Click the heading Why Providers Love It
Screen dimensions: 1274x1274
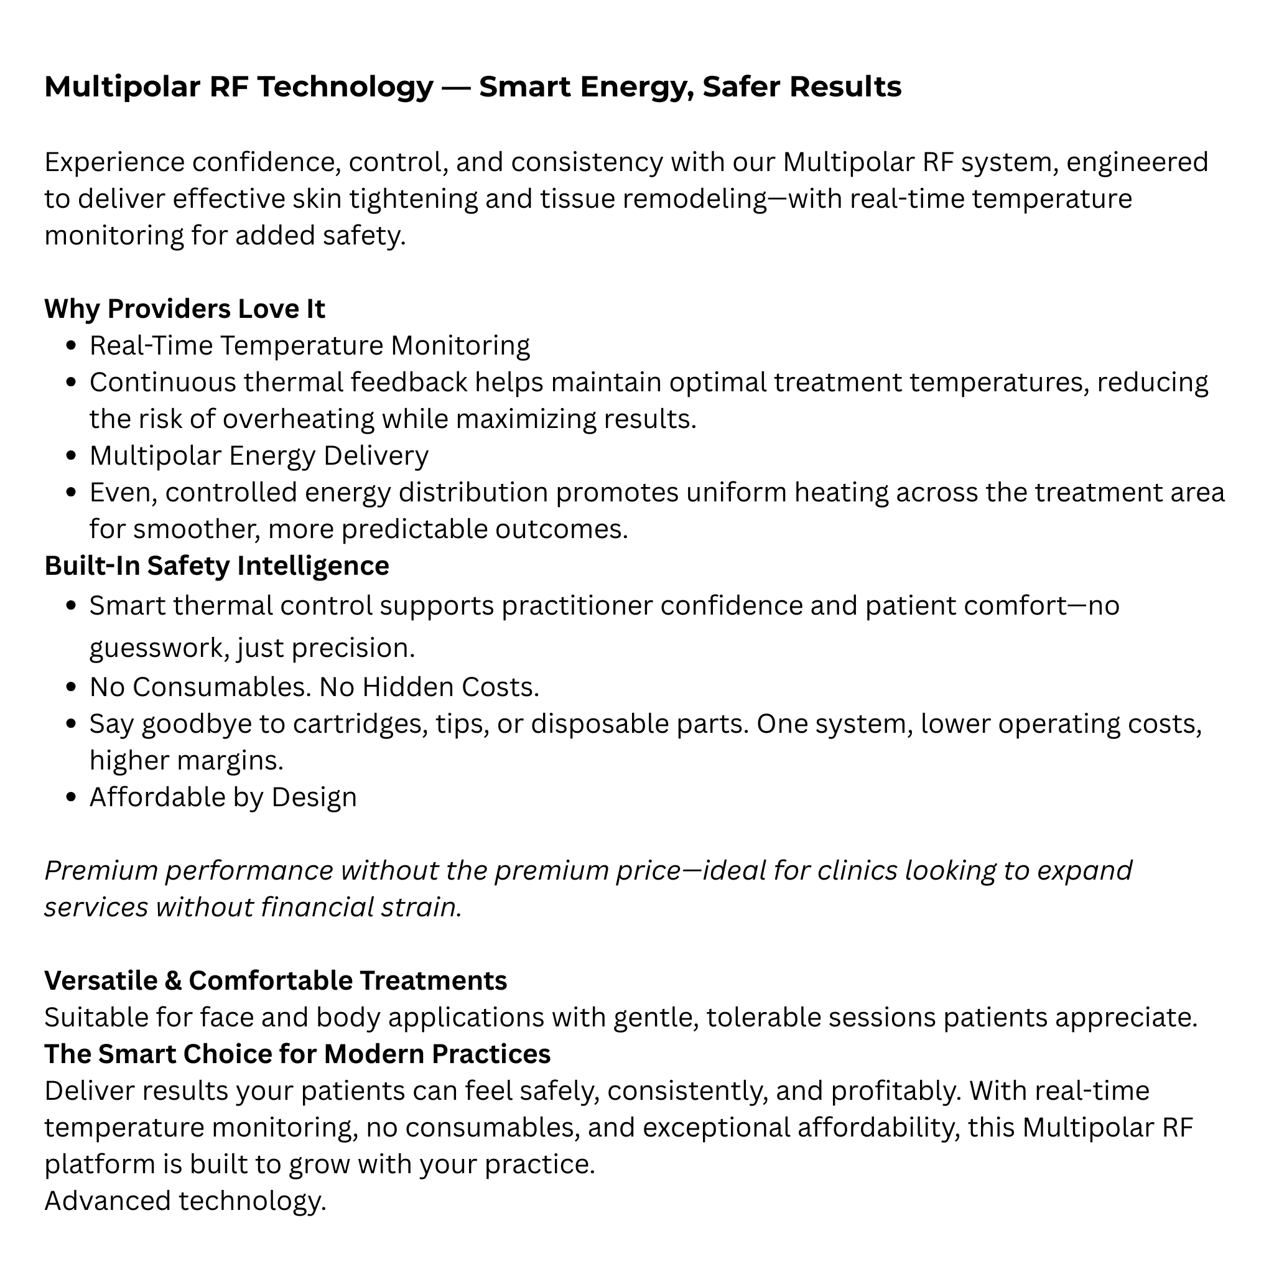coord(184,309)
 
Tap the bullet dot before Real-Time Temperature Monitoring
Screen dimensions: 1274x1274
coord(73,346)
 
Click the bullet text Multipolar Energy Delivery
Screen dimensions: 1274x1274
coord(259,455)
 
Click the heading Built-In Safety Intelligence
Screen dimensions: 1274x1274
coord(216,566)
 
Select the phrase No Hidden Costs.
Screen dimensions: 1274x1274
coord(429,687)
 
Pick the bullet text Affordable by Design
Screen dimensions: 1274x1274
coord(223,797)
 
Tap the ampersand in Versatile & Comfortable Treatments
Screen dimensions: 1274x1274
coord(173,981)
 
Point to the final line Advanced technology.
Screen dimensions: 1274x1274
coord(185,1201)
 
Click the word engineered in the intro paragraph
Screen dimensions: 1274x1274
coord(1137,162)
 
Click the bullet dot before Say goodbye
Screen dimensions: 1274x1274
coord(73,725)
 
